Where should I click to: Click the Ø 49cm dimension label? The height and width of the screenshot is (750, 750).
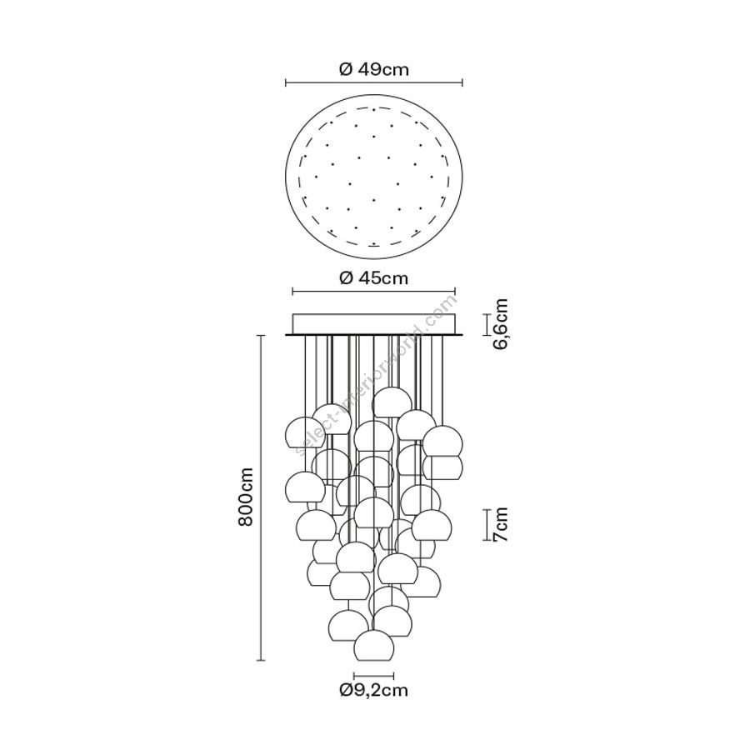[374, 70]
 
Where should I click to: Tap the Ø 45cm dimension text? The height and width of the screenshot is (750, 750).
[374, 277]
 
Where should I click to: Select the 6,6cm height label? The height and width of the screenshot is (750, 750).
[500, 324]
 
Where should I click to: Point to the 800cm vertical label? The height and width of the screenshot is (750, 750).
[246, 497]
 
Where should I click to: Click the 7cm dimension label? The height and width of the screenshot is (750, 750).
[500, 525]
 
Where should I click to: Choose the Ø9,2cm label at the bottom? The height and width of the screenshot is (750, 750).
[374, 690]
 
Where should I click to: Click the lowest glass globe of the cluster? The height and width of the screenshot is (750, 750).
[374, 646]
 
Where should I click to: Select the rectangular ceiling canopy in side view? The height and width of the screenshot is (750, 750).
[374, 324]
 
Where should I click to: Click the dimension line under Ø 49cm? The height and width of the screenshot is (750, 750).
[374, 83]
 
